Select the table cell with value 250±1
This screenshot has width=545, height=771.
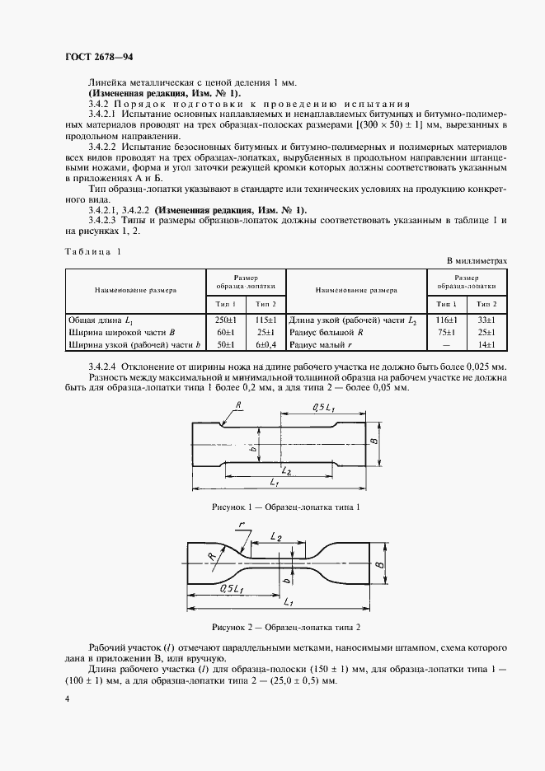226,319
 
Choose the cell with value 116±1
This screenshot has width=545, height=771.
447,319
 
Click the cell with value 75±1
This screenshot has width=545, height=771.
447,331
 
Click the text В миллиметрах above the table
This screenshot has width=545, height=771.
477,260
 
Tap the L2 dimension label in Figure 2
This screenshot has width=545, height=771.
277,536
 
